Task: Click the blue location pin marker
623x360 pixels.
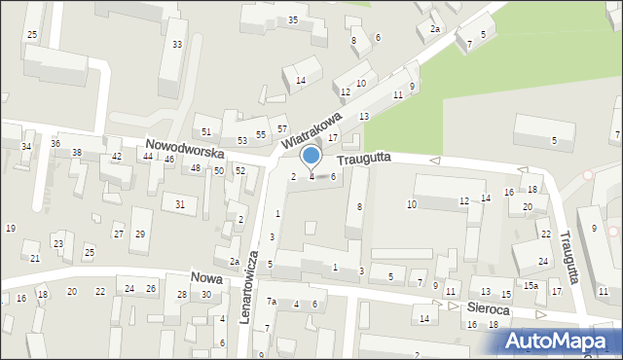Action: tap(311, 157)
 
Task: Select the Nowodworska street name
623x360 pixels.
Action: tap(186, 148)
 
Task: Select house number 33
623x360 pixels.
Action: tap(176, 45)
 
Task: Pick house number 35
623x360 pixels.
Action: tap(293, 19)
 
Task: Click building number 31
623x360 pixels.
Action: tap(180, 203)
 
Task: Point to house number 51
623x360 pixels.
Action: tap(205, 131)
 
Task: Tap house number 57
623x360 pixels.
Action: tap(282, 128)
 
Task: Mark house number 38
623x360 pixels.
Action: tap(77, 153)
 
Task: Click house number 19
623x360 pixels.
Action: tap(10, 228)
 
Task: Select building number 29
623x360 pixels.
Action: tap(139, 234)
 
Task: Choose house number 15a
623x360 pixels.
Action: tap(531, 285)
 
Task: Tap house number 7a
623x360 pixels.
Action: tap(273, 302)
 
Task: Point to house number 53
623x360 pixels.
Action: tap(242, 141)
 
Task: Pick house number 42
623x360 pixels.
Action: tap(117, 156)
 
